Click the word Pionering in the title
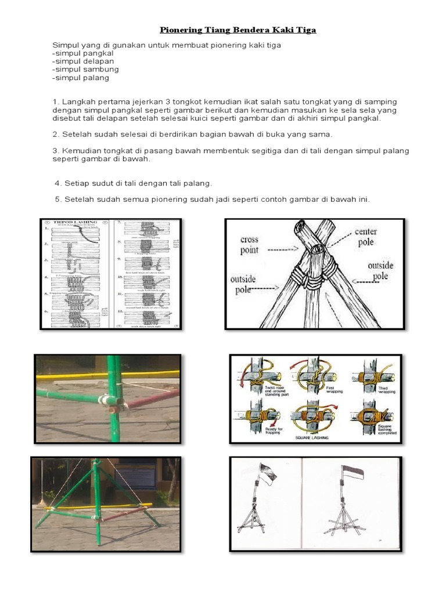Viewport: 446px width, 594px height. [181, 30]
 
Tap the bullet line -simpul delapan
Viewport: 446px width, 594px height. [82, 61]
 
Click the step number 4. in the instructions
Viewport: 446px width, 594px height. [58, 183]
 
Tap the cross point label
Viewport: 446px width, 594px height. [250, 244]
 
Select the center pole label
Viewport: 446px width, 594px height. [366, 237]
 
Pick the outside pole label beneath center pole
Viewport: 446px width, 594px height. [380, 270]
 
